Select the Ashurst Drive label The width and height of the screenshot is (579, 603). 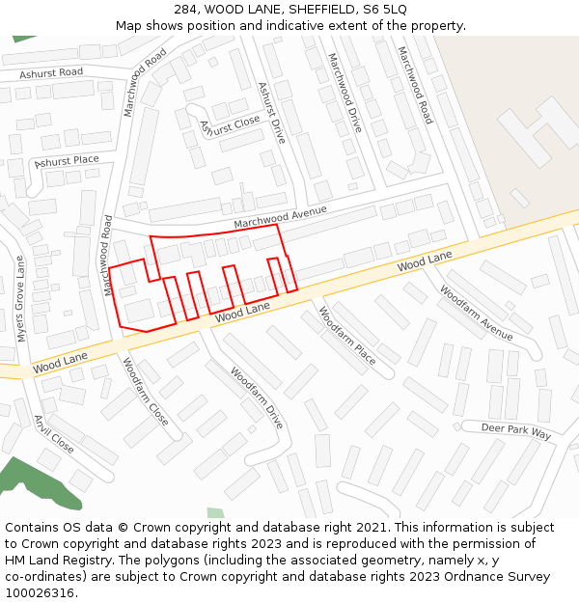(271, 113)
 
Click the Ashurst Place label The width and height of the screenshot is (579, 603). (67, 161)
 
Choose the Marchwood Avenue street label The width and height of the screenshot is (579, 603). (280, 217)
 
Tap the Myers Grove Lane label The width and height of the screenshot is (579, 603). (20, 298)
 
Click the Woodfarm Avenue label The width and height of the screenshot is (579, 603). (476, 312)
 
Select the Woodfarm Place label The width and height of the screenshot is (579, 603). (346, 335)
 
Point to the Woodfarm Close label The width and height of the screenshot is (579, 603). (145, 391)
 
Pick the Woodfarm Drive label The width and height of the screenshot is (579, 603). (258, 397)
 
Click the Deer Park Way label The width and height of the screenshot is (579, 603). (516, 430)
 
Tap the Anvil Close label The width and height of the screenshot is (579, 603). (54, 434)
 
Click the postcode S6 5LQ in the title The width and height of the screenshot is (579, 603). (385, 10)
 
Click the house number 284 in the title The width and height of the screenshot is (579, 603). (187, 10)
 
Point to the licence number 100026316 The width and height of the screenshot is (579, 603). (40, 592)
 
